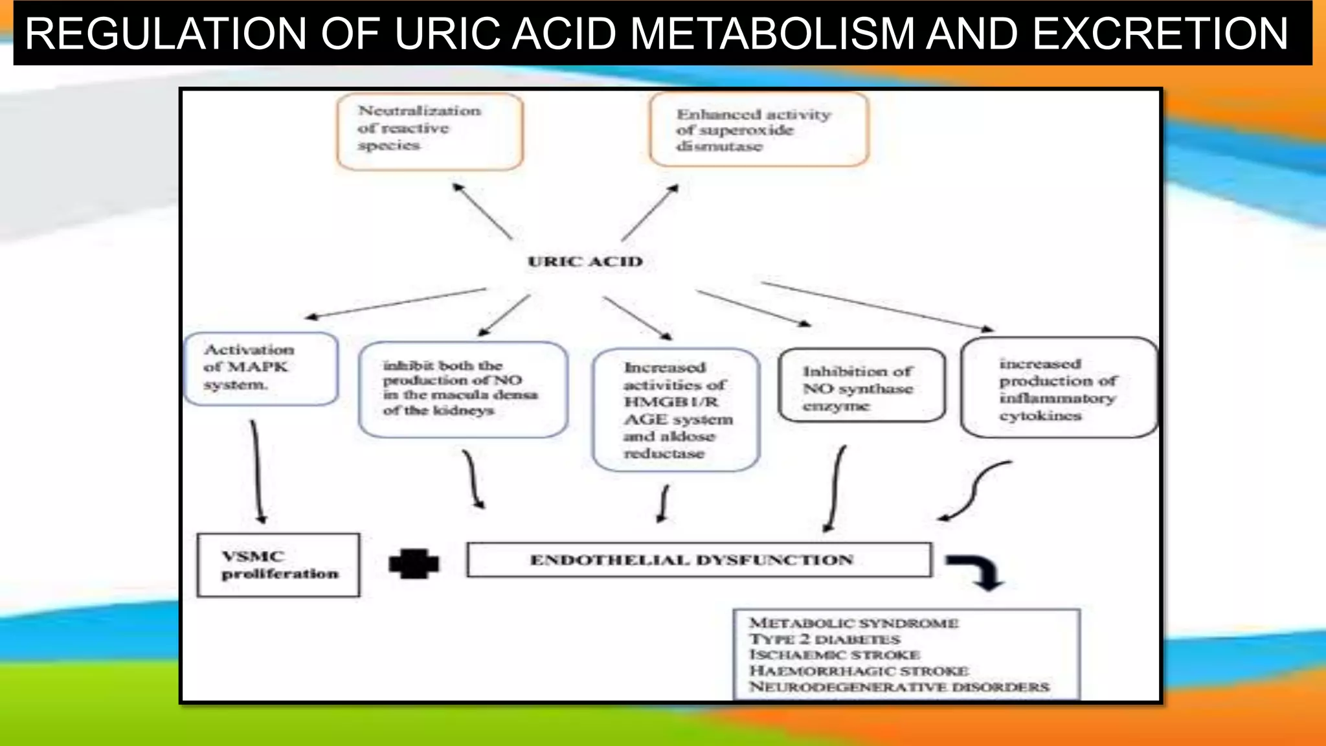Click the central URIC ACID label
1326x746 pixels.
(585, 262)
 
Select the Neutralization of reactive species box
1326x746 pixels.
(429, 131)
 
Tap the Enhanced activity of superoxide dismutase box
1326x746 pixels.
(758, 130)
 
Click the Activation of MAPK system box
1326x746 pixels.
(260, 368)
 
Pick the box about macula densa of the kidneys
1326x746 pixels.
(462, 389)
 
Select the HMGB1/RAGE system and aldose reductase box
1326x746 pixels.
(675, 410)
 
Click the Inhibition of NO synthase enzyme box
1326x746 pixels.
(861, 387)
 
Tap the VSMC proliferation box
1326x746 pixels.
(278, 565)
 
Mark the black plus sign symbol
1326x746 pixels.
(414, 563)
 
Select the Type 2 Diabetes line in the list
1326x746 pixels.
(824, 639)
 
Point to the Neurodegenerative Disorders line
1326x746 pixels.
(899, 686)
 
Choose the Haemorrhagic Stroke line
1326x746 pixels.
(859, 671)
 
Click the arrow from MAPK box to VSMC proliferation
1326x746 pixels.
(256, 471)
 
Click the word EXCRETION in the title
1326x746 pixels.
(1160, 34)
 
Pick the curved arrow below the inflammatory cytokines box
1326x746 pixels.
(974, 490)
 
